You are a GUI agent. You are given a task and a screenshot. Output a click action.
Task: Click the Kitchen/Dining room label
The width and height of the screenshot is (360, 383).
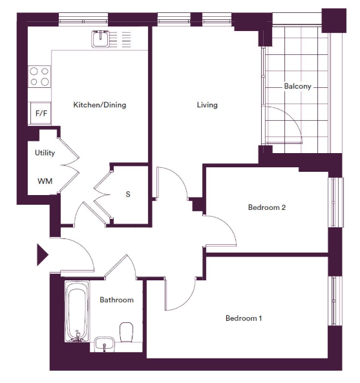tap(100, 105)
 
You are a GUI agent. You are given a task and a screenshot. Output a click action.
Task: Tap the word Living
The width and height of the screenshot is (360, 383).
tap(207, 105)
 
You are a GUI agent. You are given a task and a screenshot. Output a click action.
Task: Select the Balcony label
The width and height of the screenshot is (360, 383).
tap(297, 87)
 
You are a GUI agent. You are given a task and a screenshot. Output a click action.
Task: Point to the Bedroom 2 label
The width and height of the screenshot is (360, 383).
tap(267, 207)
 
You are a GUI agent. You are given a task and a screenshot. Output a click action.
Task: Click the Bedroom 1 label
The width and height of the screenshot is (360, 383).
tap(244, 318)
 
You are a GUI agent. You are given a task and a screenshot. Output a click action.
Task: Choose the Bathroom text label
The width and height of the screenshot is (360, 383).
tap(116, 300)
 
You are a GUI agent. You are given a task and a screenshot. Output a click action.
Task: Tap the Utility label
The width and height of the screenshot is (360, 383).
tap(45, 153)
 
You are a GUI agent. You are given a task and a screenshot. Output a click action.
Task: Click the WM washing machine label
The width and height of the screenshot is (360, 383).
tap(45, 181)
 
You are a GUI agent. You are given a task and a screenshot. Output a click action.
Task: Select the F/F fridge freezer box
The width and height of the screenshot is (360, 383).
tap(41, 113)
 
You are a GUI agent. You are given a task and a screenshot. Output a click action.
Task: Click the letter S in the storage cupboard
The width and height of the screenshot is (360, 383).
tap(128, 194)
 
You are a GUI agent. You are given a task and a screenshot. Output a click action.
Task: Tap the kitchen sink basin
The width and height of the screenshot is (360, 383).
tap(100, 39)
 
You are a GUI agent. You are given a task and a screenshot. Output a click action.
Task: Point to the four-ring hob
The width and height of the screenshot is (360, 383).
tap(39, 76)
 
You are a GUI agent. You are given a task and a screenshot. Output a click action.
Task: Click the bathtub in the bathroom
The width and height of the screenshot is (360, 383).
tap(77, 311)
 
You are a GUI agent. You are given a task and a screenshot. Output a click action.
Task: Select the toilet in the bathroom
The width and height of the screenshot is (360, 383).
tap(126, 332)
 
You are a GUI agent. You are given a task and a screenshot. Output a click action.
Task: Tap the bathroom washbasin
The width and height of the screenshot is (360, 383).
tap(104, 344)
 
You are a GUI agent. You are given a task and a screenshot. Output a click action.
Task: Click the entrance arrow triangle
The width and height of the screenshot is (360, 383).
tap(43, 254)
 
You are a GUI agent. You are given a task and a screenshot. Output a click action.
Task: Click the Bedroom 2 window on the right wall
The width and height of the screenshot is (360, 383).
tap(337, 203)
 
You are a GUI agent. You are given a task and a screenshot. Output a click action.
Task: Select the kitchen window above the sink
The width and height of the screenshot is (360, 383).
tap(83, 19)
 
